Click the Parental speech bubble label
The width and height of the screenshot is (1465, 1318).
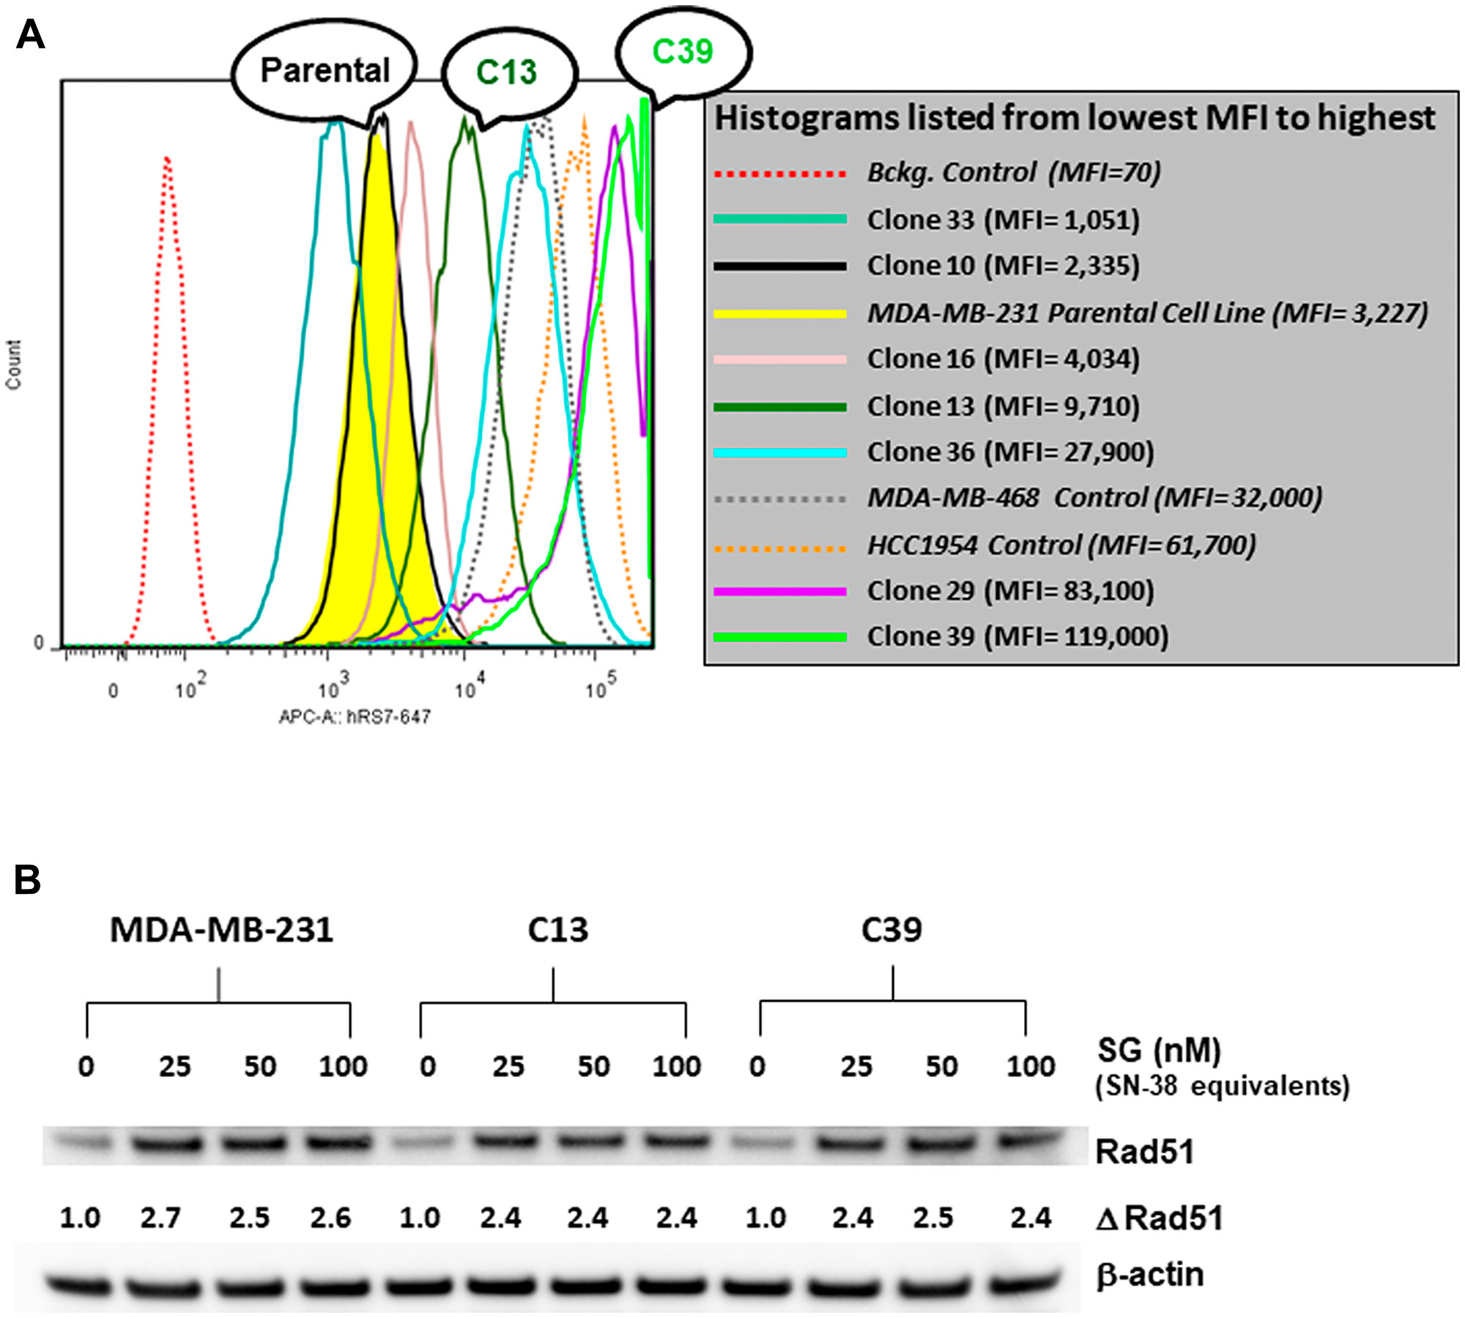coord(324,71)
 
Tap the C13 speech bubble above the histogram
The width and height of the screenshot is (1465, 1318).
coord(506,72)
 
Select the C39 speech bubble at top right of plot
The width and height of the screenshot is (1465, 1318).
coord(682,52)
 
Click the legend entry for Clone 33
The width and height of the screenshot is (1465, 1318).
coord(1003,220)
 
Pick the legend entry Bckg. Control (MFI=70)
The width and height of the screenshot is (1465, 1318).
coord(1014,173)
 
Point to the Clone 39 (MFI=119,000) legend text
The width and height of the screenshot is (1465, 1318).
coord(1017,636)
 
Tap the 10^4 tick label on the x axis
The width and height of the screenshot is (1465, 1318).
coord(469,688)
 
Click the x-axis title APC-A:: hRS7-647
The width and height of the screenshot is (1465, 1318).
coord(355,717)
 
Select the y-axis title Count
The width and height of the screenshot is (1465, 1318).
coord(13,364)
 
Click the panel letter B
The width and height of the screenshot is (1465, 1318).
coord(28,879)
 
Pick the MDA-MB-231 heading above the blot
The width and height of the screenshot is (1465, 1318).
coord(221,930)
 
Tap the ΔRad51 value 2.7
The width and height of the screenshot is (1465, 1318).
coord(160,1218)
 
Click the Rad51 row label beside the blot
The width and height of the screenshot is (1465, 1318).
coord(1144,1151)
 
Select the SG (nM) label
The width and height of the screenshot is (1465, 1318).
coord(1159,1050)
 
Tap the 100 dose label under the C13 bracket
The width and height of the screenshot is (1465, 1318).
coord(676,1066)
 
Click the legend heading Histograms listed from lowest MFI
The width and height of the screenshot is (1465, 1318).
coord(1075,118)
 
